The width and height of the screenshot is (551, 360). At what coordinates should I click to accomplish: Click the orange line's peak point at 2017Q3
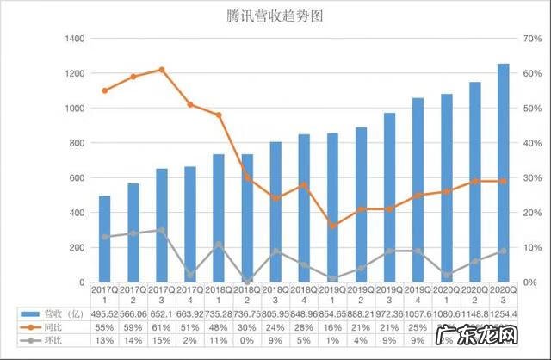(x=162, y=70)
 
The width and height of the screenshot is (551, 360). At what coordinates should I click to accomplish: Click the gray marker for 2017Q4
(x=190, y=275)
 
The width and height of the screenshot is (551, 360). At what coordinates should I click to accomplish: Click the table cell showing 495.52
(x=104, y=315)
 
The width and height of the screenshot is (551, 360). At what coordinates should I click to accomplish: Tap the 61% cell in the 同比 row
(x=162, y=328)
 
